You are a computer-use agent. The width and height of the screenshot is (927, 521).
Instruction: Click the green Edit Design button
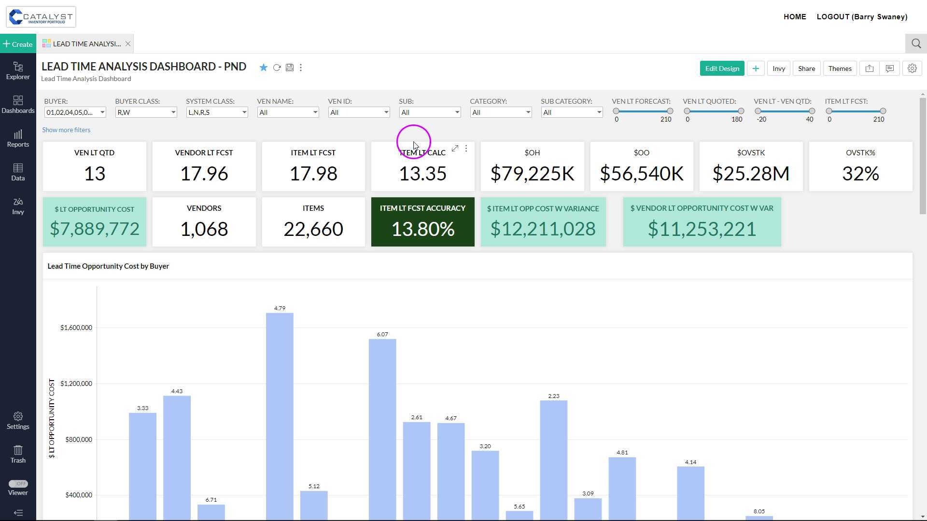722,69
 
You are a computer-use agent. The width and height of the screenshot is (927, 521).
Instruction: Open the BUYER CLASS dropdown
146,112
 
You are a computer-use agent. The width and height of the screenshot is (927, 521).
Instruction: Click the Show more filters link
66,130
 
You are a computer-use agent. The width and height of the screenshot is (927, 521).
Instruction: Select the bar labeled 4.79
280,415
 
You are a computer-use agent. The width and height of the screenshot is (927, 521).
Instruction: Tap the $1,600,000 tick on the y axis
76,328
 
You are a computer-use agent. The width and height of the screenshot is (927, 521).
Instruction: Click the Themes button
840,69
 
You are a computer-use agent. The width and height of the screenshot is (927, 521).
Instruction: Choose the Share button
806,69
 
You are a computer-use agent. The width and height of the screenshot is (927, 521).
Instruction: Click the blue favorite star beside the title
263,68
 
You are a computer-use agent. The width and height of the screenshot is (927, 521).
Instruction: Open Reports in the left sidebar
18,138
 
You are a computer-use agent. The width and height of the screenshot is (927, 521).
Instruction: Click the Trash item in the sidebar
18,454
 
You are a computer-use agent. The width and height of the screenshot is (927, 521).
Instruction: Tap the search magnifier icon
916,44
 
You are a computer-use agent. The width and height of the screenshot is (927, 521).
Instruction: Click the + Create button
18,44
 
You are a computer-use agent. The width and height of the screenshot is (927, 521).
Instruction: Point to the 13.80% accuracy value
422,229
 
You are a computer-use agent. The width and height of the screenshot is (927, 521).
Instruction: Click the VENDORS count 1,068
204,229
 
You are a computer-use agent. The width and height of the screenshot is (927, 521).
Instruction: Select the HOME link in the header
795,17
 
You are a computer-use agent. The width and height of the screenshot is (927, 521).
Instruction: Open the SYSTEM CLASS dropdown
217,112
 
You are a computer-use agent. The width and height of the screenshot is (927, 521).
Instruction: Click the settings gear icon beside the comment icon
912,69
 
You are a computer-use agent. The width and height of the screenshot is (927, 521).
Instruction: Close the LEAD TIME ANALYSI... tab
128,44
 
